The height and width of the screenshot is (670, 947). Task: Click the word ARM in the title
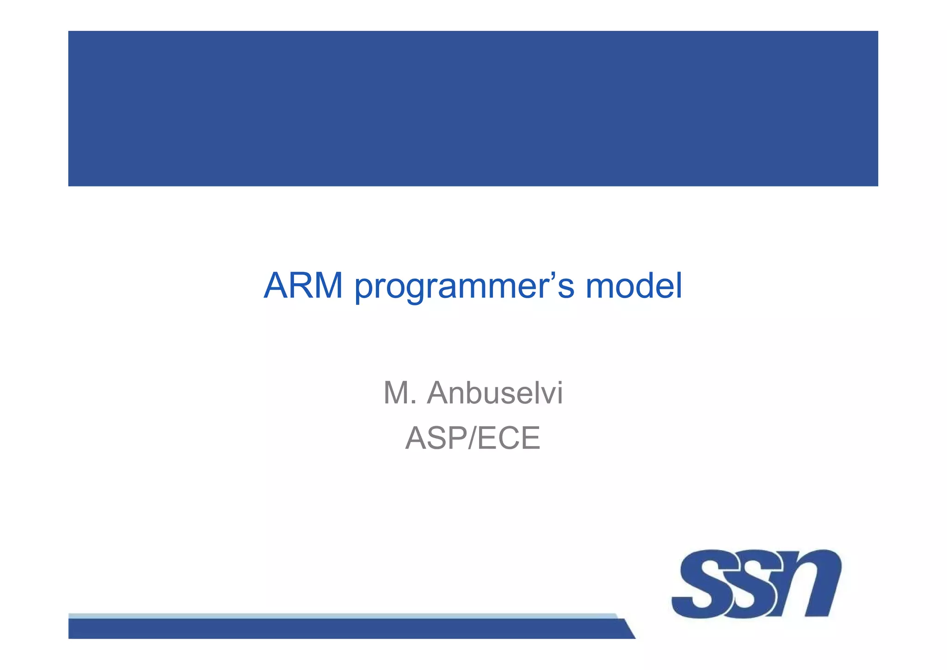coord(303,286)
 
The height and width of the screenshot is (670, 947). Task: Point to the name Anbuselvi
coord(494,393)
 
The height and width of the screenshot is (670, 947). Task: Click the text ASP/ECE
coord(473,438)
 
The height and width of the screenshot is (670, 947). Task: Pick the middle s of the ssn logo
coord(754,584)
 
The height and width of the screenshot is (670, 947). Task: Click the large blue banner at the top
coord(473,108)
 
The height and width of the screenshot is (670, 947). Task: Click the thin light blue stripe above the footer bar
coord(342,616)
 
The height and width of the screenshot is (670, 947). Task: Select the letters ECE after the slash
coord(508,438)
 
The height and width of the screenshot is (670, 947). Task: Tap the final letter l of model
coord(679,285)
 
